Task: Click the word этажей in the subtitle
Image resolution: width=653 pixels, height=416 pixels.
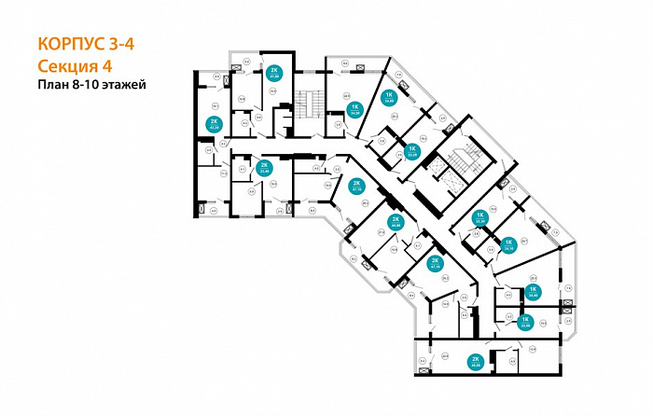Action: click(126, 84)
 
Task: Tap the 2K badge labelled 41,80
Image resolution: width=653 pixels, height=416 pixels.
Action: click(274, 74)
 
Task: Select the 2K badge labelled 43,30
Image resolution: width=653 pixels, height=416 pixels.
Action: click(214, 126)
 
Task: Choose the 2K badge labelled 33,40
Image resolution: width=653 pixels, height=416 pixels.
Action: click(264, 168)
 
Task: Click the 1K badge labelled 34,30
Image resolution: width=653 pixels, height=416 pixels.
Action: click(354, 110)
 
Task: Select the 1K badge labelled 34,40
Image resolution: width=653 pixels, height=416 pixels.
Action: click(534, 292)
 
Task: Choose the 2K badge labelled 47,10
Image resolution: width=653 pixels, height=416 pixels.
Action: click(435, 262)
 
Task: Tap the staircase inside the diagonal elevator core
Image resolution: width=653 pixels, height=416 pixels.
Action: click(457, 163)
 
